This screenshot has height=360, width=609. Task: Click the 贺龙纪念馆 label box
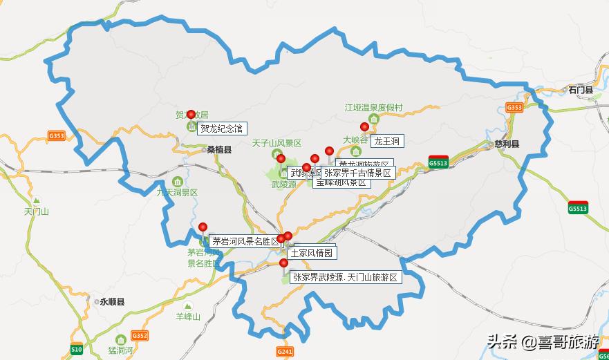[x=222, y=129]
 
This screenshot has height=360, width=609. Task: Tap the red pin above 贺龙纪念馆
[x=191, y=115]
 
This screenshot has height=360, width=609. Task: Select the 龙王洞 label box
[x=386, y=141]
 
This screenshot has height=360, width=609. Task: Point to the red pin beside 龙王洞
[x=364, y=126]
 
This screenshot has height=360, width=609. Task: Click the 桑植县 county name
[x=218, y=149]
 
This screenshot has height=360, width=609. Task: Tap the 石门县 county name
[x=581, y=90]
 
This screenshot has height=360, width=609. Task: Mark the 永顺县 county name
[x=112, y=302]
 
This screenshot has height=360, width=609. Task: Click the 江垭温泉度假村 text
[x=373, y=108]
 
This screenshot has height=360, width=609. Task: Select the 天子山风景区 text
[x=276, y=143]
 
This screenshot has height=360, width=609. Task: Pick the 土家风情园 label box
[x=311, y=253]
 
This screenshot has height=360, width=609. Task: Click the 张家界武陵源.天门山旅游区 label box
[x=345, y=277]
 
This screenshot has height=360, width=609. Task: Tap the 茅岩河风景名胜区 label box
[x=246, y=241]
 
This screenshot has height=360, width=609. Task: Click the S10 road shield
[x=76, y=350]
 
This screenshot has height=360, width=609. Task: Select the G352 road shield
[x=140, y=336]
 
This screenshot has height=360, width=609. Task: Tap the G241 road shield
[x=285, y=352]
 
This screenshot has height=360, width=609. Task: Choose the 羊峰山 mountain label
[x=187, y=316]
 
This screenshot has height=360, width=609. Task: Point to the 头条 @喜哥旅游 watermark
[x=542, y=341]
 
